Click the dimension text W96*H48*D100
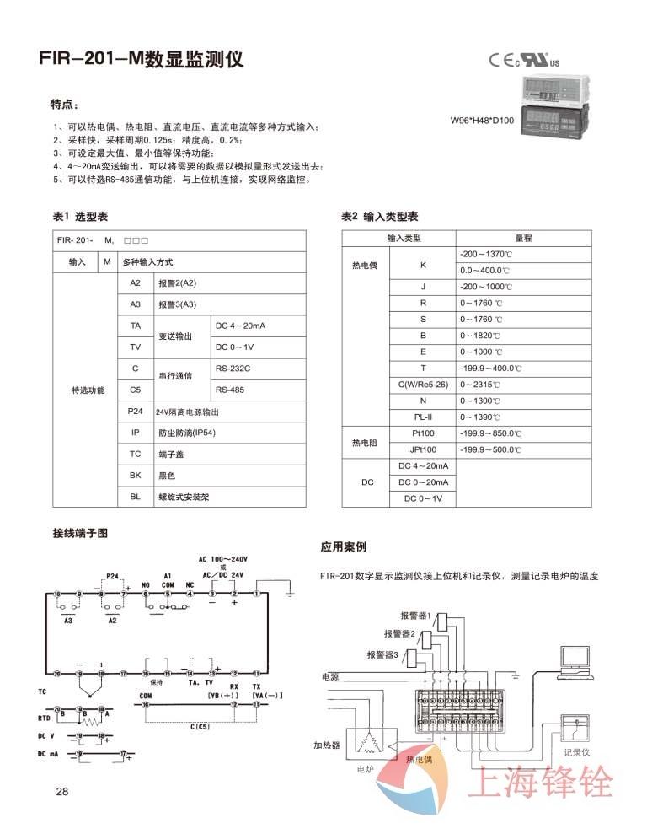[483, 121]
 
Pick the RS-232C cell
[233, 369]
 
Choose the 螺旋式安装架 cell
[184, 498]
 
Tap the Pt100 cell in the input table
[424, 433]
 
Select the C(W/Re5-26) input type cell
[424, 385]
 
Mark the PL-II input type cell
[424, 417]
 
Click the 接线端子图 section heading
[80, 533]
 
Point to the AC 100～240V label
[223, 559]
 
